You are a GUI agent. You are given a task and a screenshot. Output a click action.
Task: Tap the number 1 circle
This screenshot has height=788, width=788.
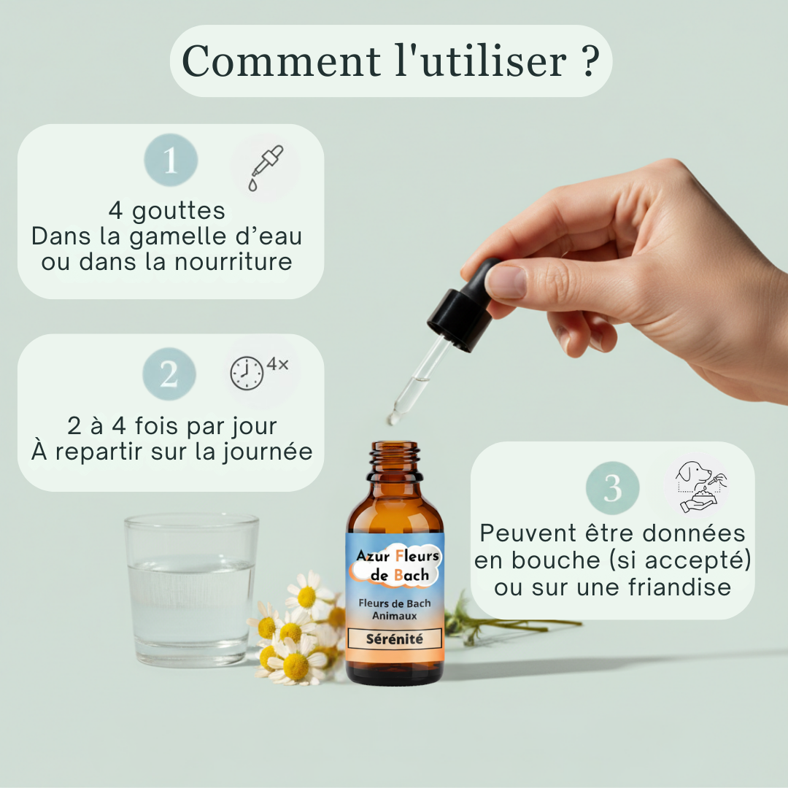pyautogui.click(x=171, y=160)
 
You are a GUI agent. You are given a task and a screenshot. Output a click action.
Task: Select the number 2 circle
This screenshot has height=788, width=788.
pyautogui.click(x=169, y=374)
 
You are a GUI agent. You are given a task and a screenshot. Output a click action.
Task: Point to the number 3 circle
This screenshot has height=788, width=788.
pyautogui.click(x=613, y=488)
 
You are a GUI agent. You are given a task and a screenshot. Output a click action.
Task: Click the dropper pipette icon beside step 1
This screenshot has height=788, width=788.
pyautogui.click(x=264, y=167)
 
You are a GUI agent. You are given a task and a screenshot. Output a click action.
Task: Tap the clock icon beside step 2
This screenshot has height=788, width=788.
pyautogui.click(x=247, y=374)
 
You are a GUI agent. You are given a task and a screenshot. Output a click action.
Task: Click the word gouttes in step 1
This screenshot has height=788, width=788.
pyautogui.click(x=179, y=211)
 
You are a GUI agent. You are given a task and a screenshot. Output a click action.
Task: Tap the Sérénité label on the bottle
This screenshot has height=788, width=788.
pyautogui.click(x=394, y=638)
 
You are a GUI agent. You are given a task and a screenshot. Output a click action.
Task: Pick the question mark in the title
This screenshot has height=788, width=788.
pyautogui.click(x=591, y=61)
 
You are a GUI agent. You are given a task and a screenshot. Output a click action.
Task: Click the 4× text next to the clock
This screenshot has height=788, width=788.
pyautogui.click(x=278, y=363)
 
